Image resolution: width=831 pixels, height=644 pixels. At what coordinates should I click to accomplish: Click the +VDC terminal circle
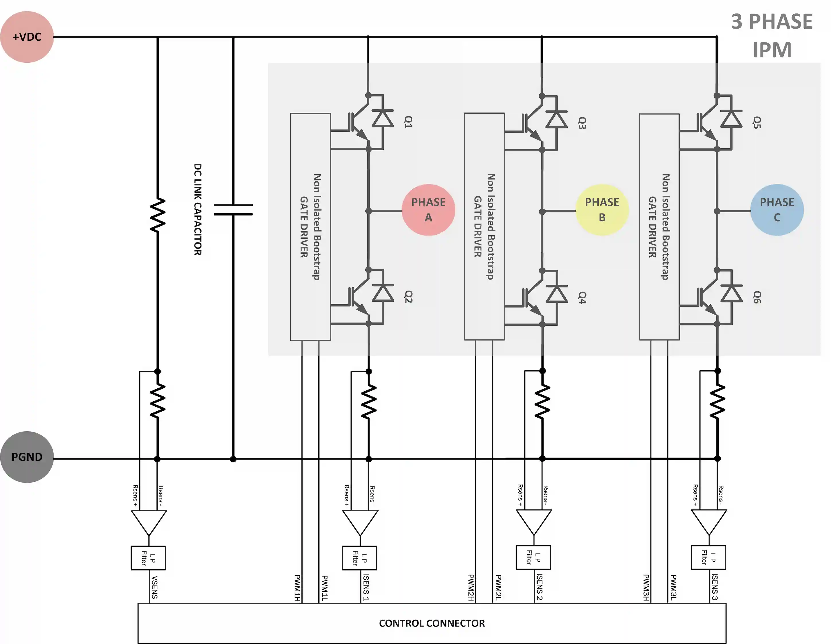[x=27, y=37]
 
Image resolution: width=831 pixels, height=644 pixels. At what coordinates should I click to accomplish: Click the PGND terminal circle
[x=27, y=457]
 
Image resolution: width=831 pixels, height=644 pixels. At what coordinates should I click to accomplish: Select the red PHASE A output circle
[x=428, y=210]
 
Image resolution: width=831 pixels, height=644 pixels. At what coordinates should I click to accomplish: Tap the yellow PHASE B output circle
[x=602, y=210]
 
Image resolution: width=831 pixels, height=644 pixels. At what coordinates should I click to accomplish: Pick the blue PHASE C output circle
[x=777, y=210]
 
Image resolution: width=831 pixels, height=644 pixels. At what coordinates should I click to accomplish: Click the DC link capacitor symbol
[x=233, y=210]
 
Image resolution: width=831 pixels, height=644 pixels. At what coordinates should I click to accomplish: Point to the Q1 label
[x=408, y=122]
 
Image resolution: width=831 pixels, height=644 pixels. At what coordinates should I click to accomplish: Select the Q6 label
[x=757, y=297]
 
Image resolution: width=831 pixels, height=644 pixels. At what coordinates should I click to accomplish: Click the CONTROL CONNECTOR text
[x=432, y=623]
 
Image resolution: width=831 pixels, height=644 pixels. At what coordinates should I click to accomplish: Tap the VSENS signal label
[x=154, y=587]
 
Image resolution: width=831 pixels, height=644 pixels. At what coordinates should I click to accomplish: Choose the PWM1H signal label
[x=297, y=588]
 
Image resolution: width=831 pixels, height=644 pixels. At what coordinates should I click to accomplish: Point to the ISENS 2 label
[x=540, y=587]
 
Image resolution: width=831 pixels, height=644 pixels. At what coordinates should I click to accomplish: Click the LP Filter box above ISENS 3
[x=708, y=557]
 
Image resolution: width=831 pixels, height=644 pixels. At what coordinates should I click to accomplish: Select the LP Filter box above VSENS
[x=148, y=558]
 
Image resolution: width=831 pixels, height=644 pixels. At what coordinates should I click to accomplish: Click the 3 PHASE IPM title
[x=772, y=35]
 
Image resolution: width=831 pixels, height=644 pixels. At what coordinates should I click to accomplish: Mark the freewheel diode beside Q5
[x=731, y=118]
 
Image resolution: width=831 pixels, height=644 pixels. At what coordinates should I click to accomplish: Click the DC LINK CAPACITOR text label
[x=197, y=210]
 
